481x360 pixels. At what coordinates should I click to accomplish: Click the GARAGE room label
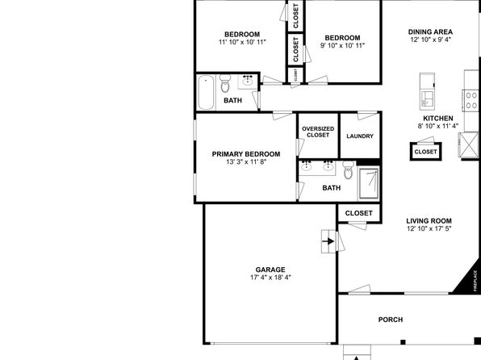[x=270, y=270]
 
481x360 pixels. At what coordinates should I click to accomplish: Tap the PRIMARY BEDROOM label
[x=246, y=154]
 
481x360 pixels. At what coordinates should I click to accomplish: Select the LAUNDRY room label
[x=360, y=136]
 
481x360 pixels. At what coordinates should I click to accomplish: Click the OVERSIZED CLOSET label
[x=318, y=132]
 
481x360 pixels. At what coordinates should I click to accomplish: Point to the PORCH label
[x=391, y=320]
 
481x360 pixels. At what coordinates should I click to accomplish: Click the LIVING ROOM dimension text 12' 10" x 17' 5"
[x=429, y=228]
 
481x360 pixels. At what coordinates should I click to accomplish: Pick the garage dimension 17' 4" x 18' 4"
[x=270, y=278]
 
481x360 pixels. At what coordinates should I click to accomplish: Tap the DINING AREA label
[x=430, y=32]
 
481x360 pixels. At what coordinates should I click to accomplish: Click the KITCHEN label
[x=438, y=119]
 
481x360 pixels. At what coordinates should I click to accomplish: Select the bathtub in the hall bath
[x=206, y=92]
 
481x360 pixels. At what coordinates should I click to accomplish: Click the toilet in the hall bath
[x=225, y=83]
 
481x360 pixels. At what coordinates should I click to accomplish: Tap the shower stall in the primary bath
[x=369, y=183]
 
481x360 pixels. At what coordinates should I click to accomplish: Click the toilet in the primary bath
[x=348, y=170]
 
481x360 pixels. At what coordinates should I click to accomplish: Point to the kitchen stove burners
[x=471, y=100]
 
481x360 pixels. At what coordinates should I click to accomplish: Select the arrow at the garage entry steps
[x=328, y=241]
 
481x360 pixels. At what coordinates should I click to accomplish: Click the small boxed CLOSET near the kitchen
[x=426, y=152]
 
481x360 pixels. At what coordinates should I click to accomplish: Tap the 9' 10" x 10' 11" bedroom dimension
[x=343, y=46]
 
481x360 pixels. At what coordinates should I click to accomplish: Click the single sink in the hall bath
[x=248, y=82]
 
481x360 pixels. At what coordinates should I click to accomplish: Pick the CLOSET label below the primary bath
[x=359, y=213]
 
